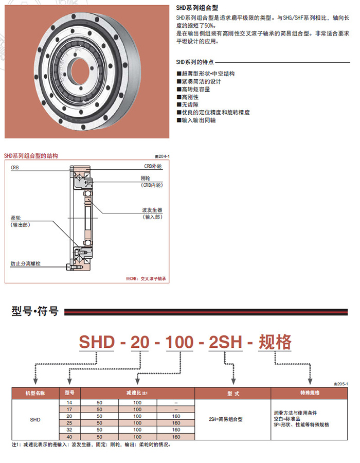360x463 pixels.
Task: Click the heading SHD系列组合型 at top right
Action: pyautogui.click(x=197, y=9)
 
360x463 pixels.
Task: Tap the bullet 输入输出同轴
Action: pyautogui.click(x=198, y=120)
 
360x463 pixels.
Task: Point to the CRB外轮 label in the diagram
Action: pyautogui.click(x=153, y=167)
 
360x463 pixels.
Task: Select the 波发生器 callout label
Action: pyautogui.click(x=152, y=210)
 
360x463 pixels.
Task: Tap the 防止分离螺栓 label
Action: pyautogui.click(x=26, y=263)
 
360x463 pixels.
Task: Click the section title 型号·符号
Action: pyautogui.click(x=35, y=311)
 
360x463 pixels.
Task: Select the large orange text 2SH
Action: pyautogui.click(x=225, y=342)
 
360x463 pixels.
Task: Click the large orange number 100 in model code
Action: pyautogui.click(x=179, y=342)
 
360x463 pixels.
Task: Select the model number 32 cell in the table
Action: pyautogui.click(x=69, y=429)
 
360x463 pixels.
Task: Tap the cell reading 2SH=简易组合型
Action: pyautogui.click(x=226, y=419)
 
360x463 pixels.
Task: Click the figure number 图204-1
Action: pyautogui.click(x=162, y=156)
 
